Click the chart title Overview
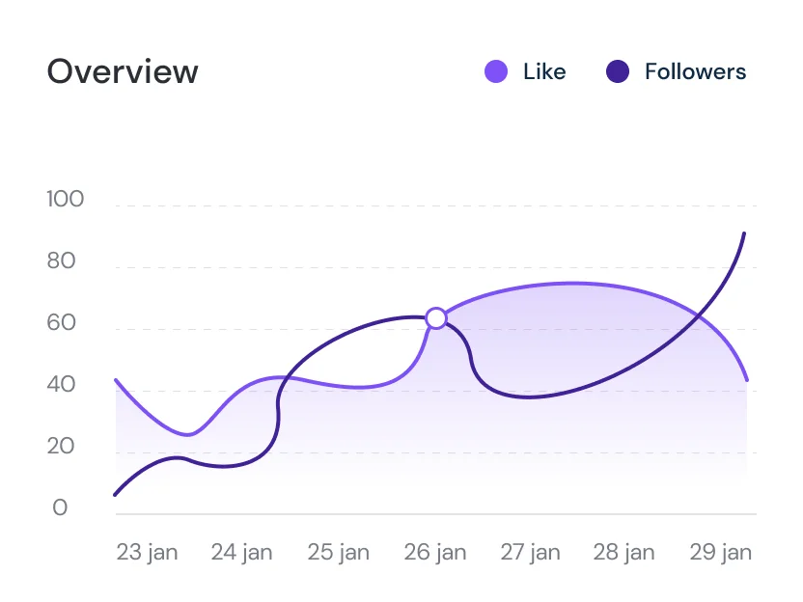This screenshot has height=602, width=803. click(x=123, y=72)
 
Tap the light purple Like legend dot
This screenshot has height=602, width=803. click(x=496, y=71)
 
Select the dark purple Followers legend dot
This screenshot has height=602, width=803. click(x=618, y=71)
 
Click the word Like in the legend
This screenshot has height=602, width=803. click(x=544, y=71)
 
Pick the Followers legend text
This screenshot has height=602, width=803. click(x=695, y=71)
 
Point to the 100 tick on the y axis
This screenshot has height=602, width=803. click(x=66, y=200)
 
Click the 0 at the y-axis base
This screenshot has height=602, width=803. click(x=60, y=508)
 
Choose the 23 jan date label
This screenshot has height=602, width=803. click(x=147, y=553)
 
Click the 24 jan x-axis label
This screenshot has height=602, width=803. click(x=242, y=553)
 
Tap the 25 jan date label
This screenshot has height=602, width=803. click(x=339, y=553)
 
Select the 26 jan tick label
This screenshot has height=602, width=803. click(x=434, y=553)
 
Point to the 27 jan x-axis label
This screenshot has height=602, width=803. click(x=530, y=553)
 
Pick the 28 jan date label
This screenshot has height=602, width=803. click(x=623, y=553)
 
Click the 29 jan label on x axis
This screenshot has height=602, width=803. click(x=720, y=553)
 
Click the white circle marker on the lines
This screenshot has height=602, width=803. click(x=436, y=318)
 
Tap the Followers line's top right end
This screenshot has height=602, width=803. click(x=743, y=233)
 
